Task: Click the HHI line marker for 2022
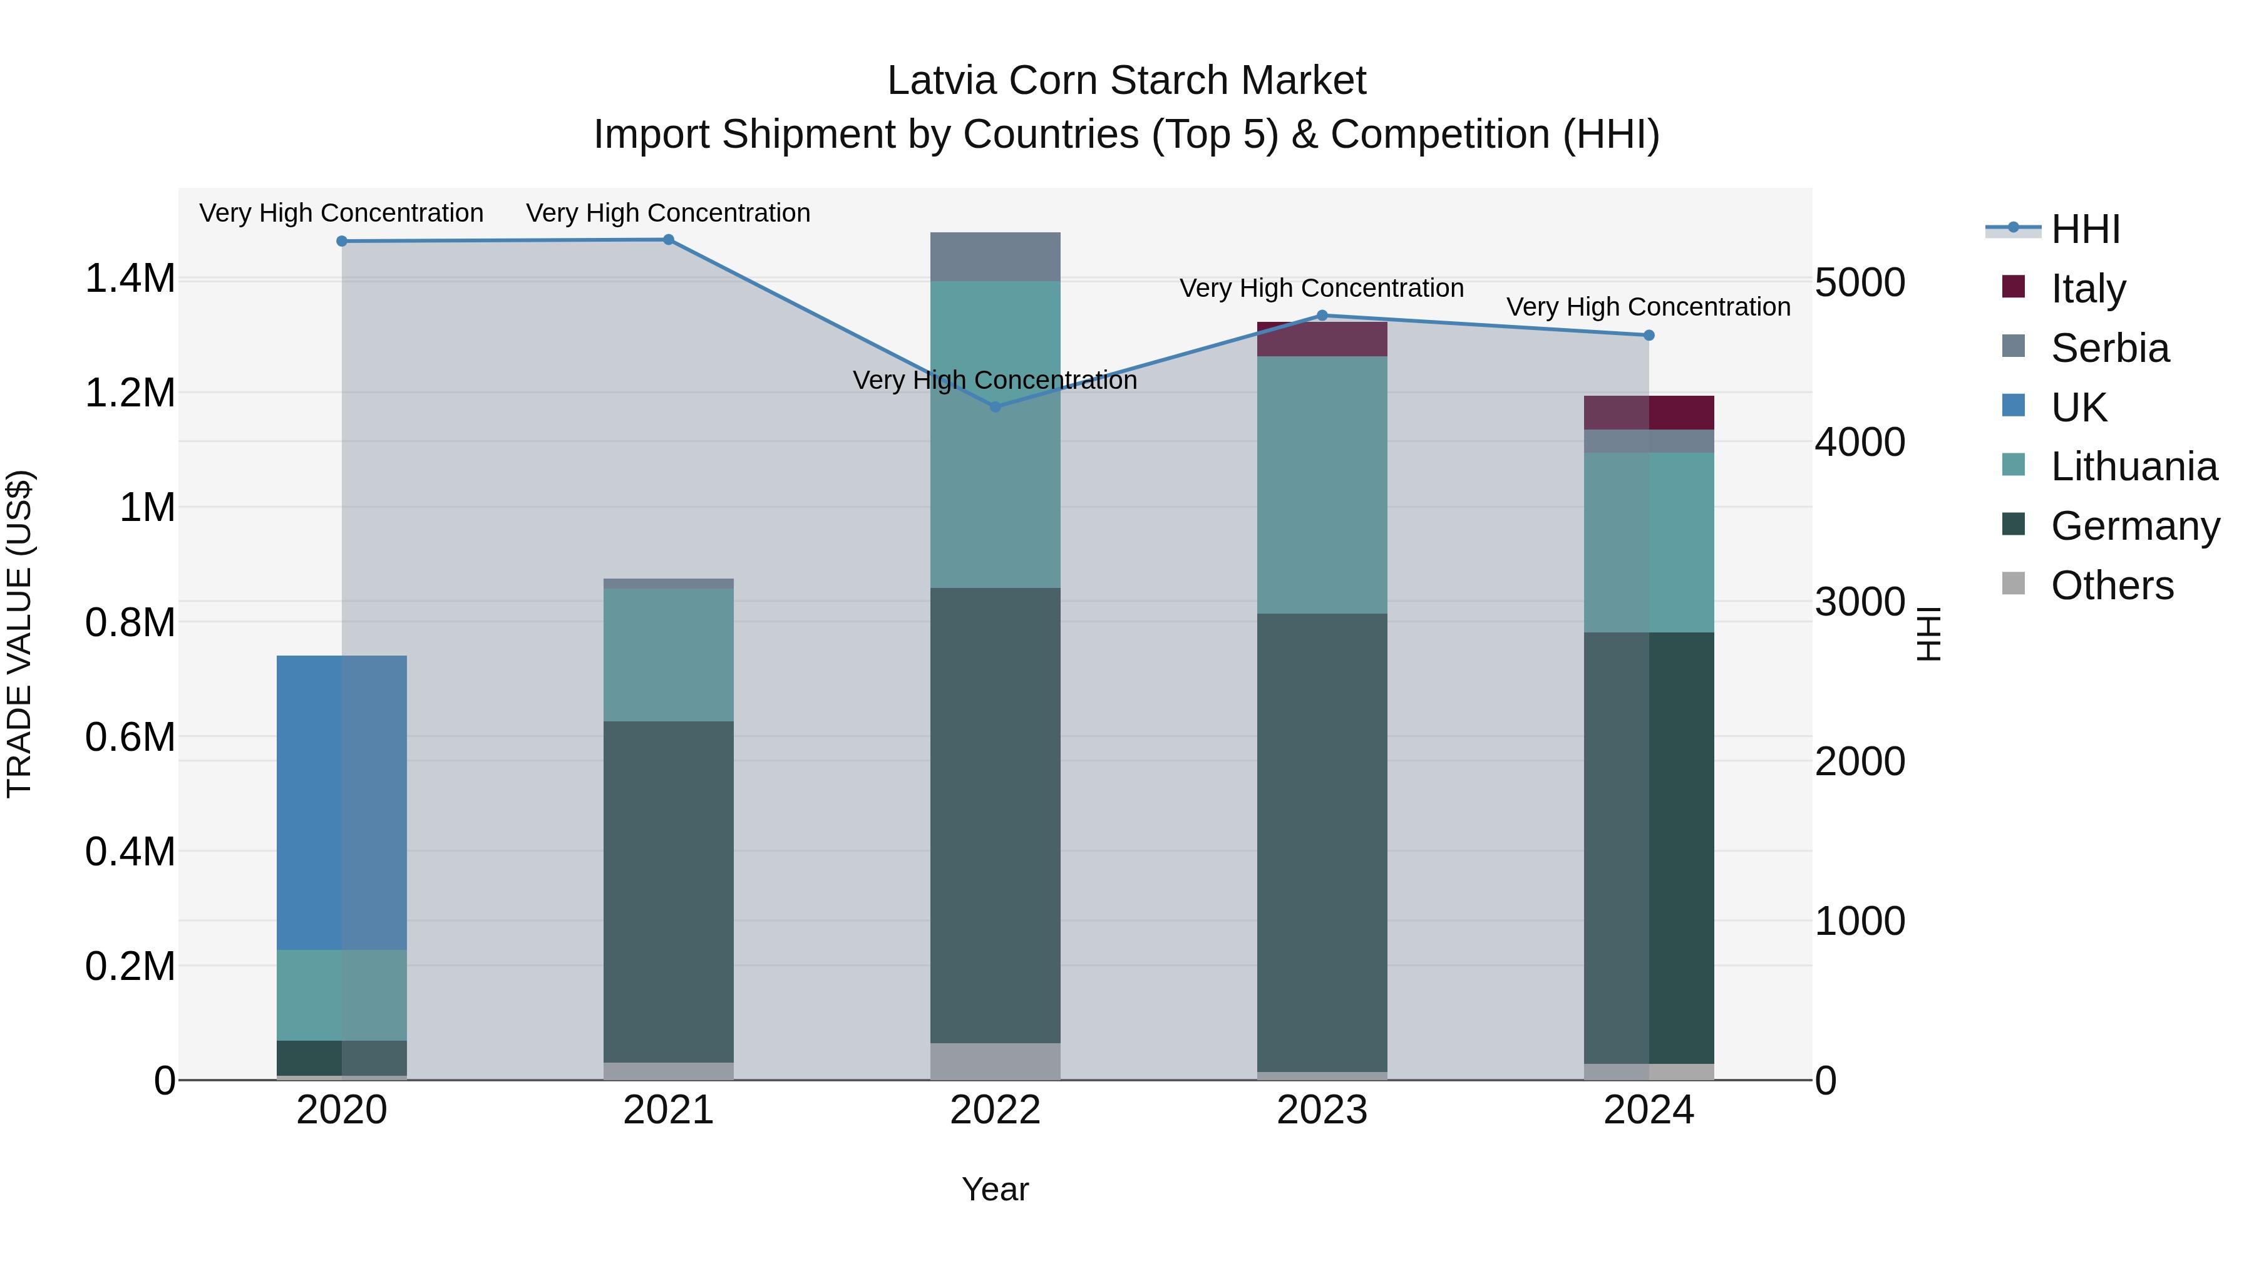coord(995,406)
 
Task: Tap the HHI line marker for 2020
coord(342,240)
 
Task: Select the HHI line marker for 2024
coord(1649,335)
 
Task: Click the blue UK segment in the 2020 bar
coord(342,803)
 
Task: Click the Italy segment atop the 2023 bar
coord(1322,339)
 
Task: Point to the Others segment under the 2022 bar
coord(995,1061)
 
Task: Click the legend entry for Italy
coord(2087,289)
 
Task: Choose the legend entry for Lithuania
coord(2133,466)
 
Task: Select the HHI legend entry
coord(2085,229)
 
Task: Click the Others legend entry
coord(2111,585)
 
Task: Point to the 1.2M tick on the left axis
coord(130,393)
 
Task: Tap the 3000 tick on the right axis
coord(1860,601)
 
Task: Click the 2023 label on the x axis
coord(1322,1110)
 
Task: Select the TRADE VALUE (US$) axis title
coord(19,634)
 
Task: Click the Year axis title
coord(995,1189)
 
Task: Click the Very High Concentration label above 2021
coord(669,213)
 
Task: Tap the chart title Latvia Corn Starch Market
coord(1126,81)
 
